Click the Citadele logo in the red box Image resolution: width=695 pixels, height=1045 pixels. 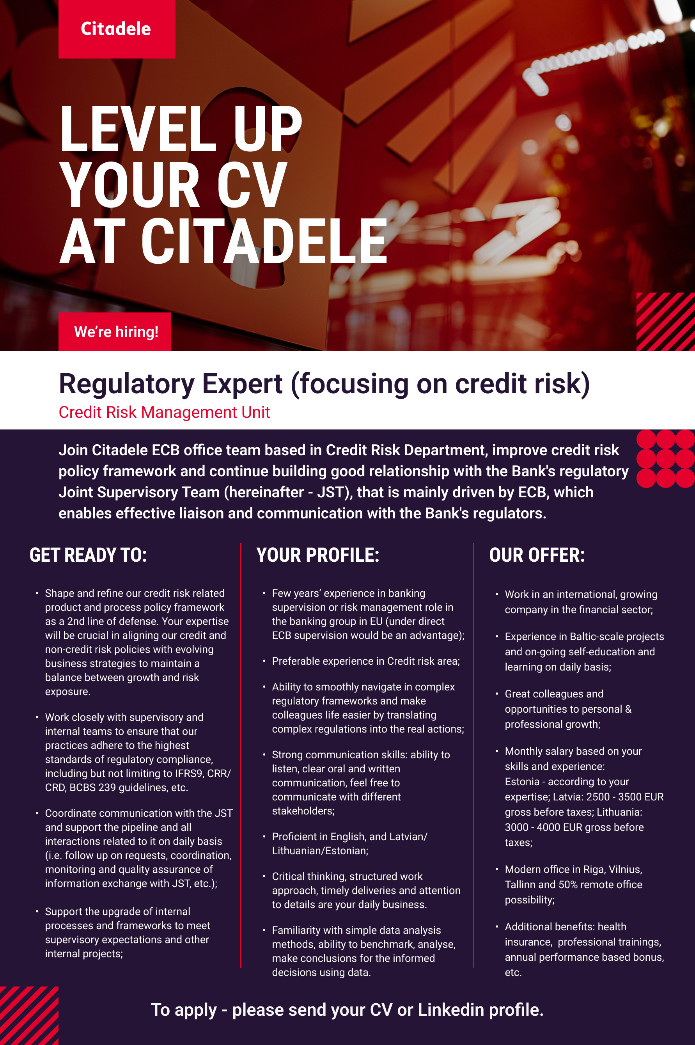(x=116, y=29)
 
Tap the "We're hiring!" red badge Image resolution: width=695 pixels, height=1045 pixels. (x=114, y=332)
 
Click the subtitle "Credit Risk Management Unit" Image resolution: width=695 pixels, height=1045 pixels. (x=164, y=412)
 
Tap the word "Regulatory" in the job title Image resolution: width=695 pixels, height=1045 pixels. (x=127, y=384)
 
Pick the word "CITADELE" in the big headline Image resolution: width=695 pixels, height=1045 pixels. (x=264, y=241)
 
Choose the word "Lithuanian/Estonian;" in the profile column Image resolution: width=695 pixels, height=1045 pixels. (x=320, y=851)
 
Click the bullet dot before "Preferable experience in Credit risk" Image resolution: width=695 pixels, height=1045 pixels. (x=264, y=661)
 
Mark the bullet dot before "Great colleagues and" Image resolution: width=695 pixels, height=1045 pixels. (x=496, y=694)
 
